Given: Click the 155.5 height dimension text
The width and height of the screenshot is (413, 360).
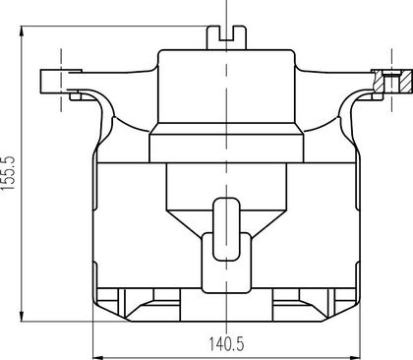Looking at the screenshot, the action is coord(9,173).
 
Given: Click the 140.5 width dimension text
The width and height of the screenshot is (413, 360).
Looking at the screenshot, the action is coord(226,344).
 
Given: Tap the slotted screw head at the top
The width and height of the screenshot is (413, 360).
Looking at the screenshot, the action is coord(226,37).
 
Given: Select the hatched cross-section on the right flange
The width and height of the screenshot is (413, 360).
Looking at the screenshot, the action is coord(392,81).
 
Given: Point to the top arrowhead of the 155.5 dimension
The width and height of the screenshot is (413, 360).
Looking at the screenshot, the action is coord(22,31).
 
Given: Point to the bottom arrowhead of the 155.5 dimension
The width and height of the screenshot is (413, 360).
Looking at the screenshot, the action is coord(22,316).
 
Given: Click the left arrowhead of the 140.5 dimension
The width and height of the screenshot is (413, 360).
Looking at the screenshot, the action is coord(98,357).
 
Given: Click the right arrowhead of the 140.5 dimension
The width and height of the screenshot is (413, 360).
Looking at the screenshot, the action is coord(355,357).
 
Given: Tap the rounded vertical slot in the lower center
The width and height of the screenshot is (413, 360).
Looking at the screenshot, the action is coord(226,229).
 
